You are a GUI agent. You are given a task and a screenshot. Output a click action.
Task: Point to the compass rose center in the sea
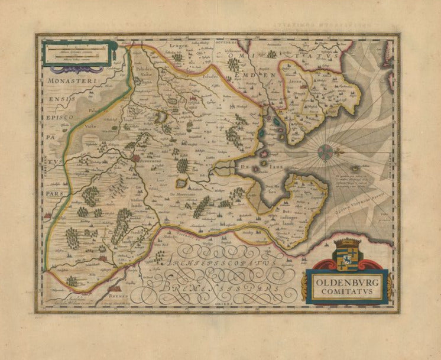click(x=325, y=152)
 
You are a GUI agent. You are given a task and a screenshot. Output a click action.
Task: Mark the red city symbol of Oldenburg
click(x=136, y=158)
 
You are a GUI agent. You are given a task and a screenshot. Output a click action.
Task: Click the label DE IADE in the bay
click(x=263, y=167)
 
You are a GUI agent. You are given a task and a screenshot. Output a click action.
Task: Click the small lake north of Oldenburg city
click(x=160, y=118)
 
